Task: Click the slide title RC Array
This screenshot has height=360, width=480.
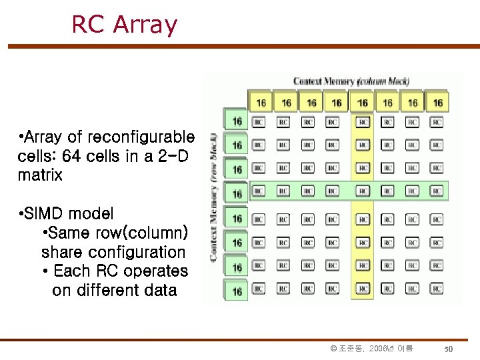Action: click(124, 25)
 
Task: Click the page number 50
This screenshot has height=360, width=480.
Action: click(449, 349)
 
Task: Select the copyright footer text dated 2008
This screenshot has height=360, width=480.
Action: click(372, 349)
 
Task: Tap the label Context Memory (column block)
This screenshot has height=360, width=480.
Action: click(351, 81)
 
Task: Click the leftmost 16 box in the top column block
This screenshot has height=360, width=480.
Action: click(261, 103)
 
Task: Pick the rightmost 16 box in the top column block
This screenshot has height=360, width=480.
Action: click(437, 103)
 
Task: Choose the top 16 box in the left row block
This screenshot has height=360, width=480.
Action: click(237, 121)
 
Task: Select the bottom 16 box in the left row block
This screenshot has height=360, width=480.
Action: click(237, 291)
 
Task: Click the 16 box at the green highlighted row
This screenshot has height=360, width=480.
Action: click(237, 194)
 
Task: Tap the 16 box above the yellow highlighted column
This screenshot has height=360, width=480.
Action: click(362, 103)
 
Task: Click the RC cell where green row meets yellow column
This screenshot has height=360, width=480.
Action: click(362, 191)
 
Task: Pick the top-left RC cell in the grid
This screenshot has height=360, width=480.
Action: click(259, 122)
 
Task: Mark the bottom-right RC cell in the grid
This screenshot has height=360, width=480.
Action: click(437, 289)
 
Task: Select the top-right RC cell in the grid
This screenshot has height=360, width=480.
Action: click(437, 122)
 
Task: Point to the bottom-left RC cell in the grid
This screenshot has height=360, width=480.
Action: click(259, 289)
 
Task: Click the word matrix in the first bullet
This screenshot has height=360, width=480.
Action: click(41, 175)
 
